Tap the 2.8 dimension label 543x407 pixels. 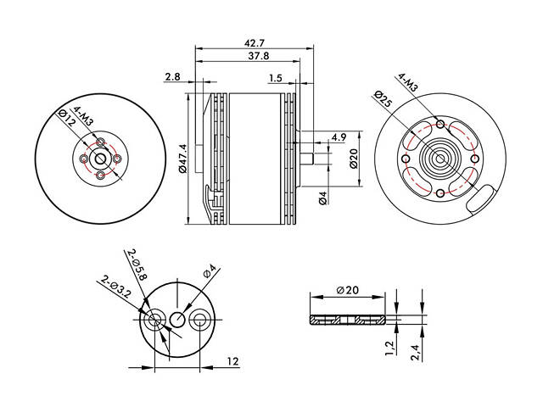coord(173,77)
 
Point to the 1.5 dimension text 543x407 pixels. coord(274,78)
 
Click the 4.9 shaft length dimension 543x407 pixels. coord(338,137)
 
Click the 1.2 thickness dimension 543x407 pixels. coord(388,348)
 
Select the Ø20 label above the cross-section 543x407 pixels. coord(348,290)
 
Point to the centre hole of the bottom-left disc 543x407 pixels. coord(177,320)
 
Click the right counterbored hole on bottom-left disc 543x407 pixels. coord(201,321)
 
